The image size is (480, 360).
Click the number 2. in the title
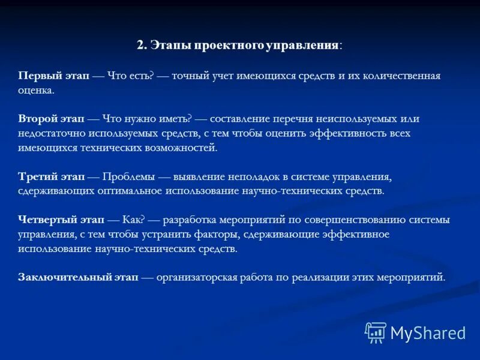pos(142,46)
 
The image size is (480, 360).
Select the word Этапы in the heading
pos(166,46)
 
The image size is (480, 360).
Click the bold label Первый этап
pos(54,76)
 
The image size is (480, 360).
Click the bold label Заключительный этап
pos(79,277)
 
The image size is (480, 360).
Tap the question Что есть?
pos(131,76)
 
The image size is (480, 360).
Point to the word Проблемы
pos(130,177)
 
